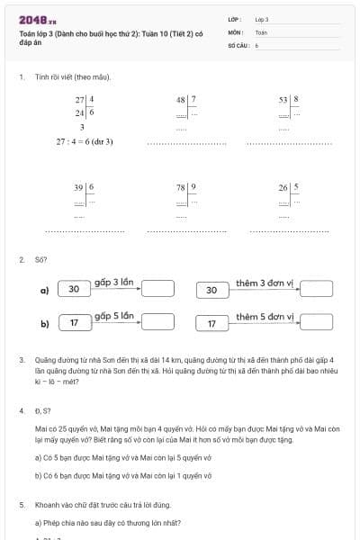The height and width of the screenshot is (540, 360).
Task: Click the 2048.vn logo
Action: (38, 19)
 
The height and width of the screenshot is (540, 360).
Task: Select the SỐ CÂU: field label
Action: (237, 43)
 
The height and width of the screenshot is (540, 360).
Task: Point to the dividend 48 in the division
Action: (181, 99)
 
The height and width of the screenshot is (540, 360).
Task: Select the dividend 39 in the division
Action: (79, 187)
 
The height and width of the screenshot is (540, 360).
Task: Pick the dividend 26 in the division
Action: (283, 187)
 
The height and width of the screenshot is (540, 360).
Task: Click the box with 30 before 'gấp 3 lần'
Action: (74, 290)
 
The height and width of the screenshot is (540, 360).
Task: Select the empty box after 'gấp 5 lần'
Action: (157, 321)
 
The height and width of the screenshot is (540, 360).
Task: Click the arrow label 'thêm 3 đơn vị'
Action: (265, 283)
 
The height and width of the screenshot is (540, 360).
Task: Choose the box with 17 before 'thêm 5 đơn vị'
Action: (212, 322)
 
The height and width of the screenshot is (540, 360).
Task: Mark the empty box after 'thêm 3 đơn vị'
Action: (317, 289)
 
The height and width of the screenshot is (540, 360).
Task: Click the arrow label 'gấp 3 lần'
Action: (114, 283)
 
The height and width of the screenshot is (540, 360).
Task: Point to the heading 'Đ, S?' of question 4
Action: (41, 410)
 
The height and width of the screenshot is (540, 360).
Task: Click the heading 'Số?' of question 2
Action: (40, 260)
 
